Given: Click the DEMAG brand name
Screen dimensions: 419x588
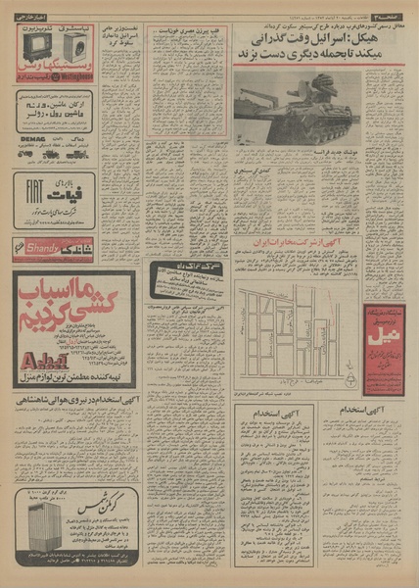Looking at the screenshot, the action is (x=30, y=153).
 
